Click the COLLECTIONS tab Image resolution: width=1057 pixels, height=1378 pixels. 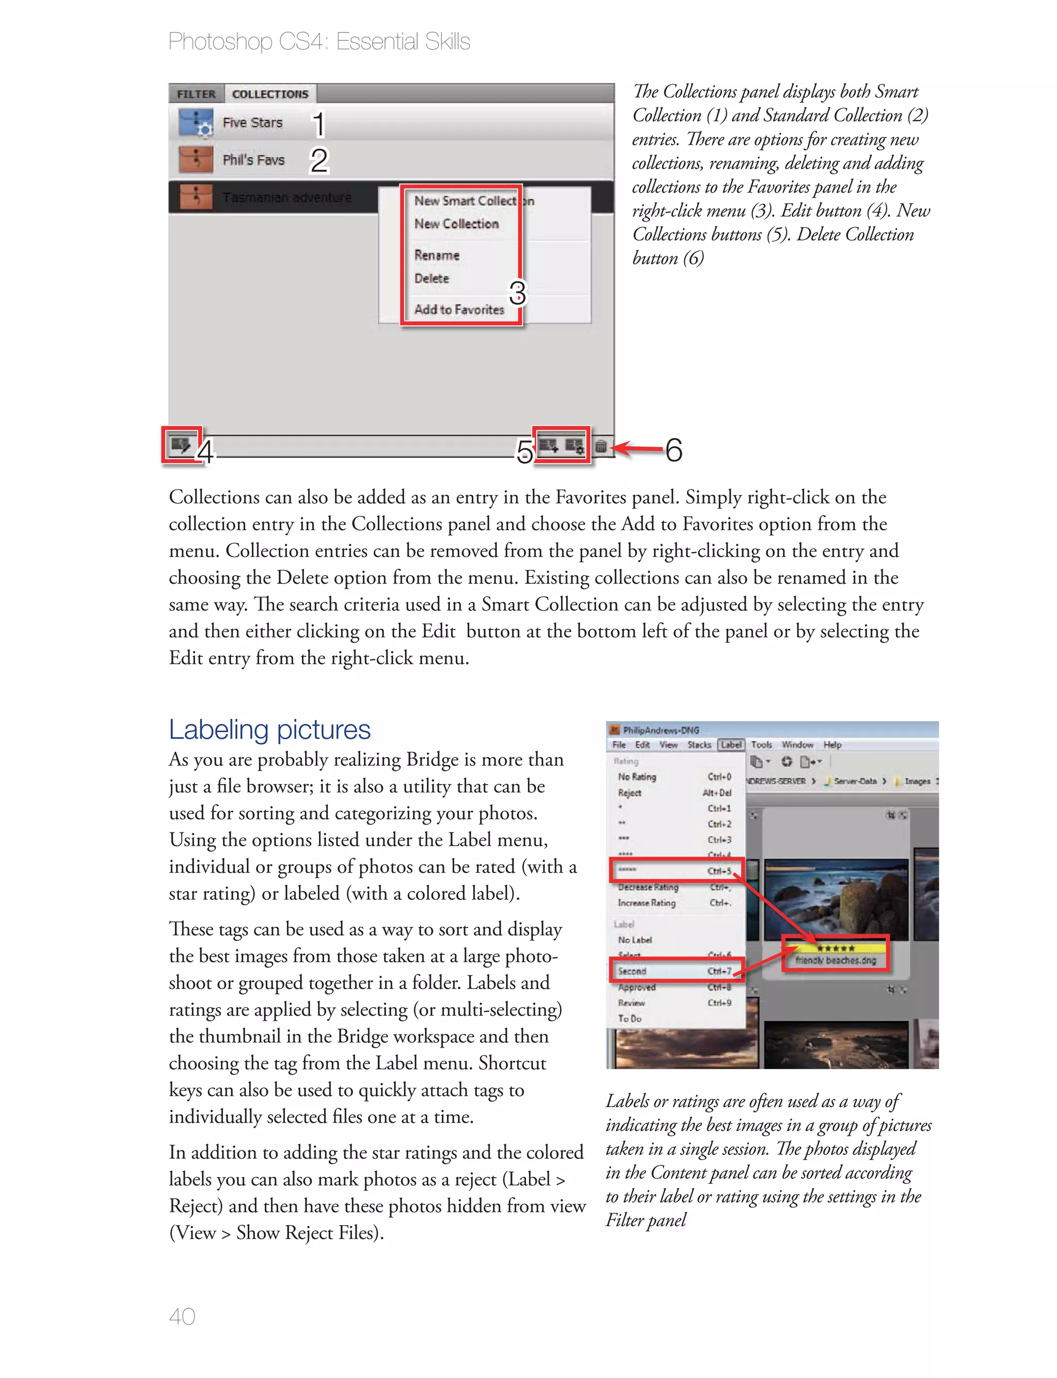click(x=270, y=94)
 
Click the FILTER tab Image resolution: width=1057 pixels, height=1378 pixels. click(x=196, y=94)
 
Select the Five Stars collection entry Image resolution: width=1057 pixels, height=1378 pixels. click(x=252, y=123)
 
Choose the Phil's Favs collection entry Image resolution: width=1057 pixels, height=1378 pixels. click(x=253, y=160)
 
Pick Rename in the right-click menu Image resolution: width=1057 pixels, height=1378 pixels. click(x=437, y=256)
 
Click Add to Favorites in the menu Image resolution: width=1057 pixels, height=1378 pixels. click(x=459, y=310)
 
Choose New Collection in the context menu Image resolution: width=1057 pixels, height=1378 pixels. click(x=456, y=224)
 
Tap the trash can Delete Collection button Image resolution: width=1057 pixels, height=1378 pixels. click(x=601, y=446)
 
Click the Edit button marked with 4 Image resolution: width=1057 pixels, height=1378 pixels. click(x=181, y=445)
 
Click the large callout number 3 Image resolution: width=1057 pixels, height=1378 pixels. click(x=517, y=293)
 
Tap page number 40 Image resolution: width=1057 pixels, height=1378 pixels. click(x=182, y=1317)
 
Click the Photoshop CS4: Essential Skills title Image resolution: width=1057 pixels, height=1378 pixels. click(x=319, y=41)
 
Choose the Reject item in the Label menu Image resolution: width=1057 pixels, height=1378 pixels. click(x=629, y=793)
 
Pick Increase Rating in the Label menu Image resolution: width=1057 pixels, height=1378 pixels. click(x=646, y=902)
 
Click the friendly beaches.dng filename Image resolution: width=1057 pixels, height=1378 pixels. click(x=835, y=960)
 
